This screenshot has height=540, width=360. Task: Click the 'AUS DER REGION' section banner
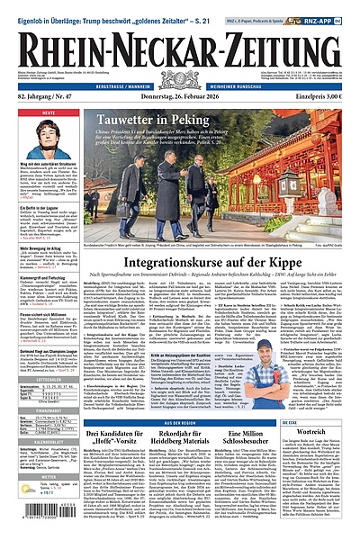point(188,421)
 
